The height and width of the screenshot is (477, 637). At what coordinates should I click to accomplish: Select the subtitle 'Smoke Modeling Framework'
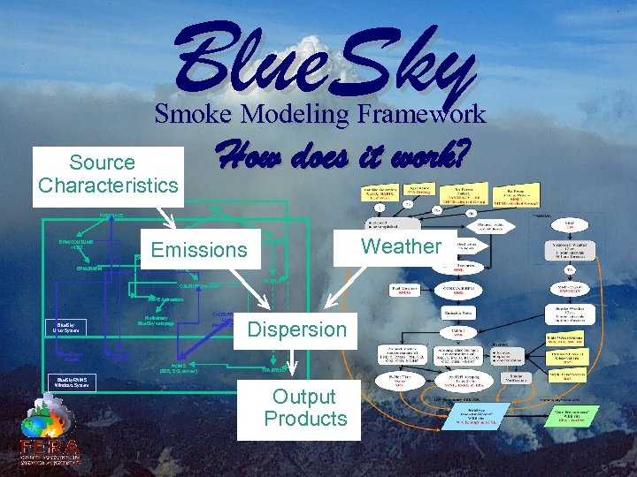pos(320,114)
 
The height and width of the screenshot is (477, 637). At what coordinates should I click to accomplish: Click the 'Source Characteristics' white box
pos(108,174)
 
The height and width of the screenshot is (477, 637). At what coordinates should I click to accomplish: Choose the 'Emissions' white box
pos(199,250)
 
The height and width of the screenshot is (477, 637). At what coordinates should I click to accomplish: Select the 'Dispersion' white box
pos(296,329)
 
